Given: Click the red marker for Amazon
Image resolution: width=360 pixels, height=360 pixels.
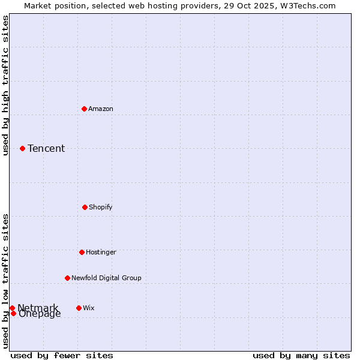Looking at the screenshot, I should (84, 109).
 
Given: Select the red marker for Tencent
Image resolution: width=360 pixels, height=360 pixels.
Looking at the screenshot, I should (22, 148).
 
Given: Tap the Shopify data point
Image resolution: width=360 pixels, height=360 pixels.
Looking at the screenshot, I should (85, 207).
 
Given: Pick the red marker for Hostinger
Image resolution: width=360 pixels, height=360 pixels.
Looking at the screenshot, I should (82, 252).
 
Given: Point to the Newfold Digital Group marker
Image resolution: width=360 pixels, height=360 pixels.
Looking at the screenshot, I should (67, 278).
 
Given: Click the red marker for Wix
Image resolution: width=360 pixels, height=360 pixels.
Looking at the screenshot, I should (79, 308).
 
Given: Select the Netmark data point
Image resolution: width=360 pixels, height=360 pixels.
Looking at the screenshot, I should (12, 308).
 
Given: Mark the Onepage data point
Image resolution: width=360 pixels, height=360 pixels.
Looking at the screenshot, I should (13, 313).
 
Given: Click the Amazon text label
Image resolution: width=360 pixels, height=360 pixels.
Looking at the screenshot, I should (101, 109).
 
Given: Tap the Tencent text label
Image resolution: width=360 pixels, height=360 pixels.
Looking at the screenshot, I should (46, 148).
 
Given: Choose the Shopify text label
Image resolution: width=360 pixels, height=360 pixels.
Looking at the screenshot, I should (101, 207).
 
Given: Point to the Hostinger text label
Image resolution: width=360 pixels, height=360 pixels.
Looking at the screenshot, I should (101, 252).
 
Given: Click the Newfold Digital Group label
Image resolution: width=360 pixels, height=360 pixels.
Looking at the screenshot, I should (107, 278).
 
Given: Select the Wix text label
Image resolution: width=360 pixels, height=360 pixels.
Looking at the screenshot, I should (89, 308).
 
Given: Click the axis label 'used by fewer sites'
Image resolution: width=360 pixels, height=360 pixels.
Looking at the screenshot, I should (62, 355).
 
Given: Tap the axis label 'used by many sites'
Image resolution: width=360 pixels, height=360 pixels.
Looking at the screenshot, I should (301, 355).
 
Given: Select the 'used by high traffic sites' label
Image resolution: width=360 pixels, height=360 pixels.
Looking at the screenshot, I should (5, 85).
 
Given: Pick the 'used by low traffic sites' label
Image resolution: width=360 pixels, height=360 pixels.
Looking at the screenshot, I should (5, 280).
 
